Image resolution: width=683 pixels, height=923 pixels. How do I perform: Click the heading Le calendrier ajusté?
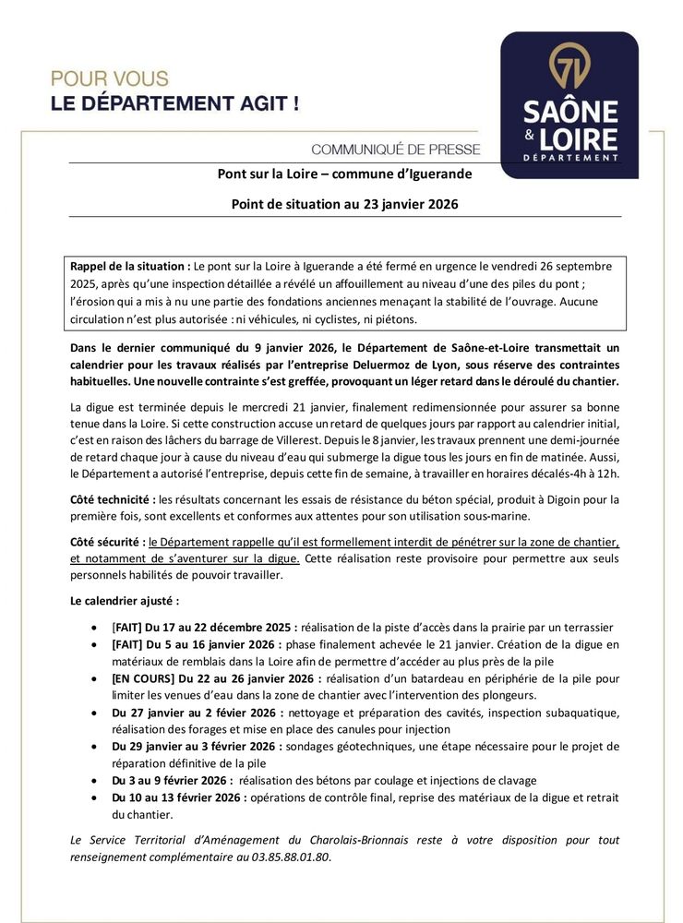[x=118, y=601]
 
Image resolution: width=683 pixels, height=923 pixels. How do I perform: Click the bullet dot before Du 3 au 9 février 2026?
[x=98, y=781]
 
